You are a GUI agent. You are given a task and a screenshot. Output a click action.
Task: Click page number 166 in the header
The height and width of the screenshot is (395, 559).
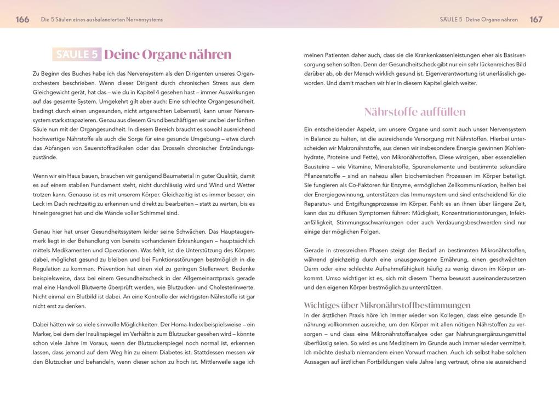[x=22, y=19]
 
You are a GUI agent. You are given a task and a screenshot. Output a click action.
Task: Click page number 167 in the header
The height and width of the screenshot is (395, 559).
[x=536, y=19]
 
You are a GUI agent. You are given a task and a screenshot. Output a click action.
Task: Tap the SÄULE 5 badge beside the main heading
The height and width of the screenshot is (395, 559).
[x=77, y=54]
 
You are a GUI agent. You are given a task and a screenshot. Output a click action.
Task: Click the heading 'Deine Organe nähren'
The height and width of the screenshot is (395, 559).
[x=168, y=54]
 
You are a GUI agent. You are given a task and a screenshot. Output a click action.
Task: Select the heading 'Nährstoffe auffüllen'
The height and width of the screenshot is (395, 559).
[x=415, y=112]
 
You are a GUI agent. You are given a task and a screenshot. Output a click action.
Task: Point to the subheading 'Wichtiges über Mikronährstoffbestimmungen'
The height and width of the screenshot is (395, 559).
[x=387, y=305]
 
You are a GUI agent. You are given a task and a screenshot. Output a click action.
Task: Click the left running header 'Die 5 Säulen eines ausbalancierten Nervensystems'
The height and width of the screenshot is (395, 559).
[x=102, y=20]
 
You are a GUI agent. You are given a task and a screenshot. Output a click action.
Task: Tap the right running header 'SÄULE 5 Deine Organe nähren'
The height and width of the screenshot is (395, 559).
[x=478, y=20]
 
